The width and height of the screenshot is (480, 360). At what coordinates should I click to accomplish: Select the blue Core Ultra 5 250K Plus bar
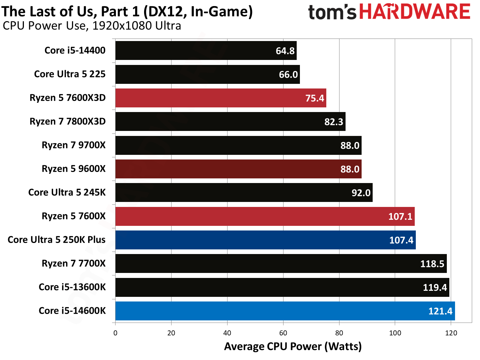point(265,240)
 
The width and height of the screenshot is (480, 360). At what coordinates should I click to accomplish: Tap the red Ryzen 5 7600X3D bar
point(220,98)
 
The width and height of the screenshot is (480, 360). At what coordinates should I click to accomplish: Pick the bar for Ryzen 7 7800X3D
point(230,122)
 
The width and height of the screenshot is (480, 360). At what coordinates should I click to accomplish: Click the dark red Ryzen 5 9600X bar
point(238,169)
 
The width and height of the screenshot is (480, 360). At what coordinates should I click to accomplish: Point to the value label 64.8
point(285,51)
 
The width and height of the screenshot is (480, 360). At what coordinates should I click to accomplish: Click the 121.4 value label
point(440,311)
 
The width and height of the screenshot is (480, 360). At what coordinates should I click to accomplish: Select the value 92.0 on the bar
point(361,193)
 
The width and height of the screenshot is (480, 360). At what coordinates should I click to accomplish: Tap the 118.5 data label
point(432,264)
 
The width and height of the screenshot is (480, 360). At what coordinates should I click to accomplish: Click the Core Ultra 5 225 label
point(70,74)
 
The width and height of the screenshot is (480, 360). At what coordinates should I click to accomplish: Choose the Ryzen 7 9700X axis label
point(73,145)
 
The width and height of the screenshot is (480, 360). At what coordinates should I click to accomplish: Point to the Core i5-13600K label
point(72,287)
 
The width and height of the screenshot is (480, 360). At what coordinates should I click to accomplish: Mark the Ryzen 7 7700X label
point(73,264)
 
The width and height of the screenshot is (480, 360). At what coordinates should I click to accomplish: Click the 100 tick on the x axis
point(395,333)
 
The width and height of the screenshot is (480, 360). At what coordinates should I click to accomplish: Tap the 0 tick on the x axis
point(115,333)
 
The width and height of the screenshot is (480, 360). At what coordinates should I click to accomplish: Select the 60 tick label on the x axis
point(283,333)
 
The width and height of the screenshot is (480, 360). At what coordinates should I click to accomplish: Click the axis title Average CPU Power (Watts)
point(293,346)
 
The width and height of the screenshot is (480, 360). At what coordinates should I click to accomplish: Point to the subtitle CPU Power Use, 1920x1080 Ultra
point(92,26)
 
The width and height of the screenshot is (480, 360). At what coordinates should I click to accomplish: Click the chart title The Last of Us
point(127,11)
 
